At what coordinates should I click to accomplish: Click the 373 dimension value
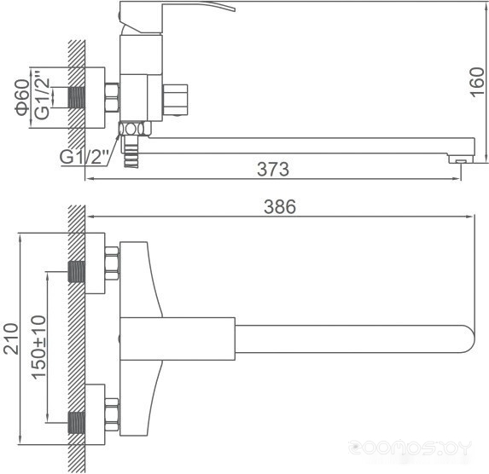coord(273,169)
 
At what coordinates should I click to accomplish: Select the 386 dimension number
coord(280,206)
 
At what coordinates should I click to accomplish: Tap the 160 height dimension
coord(477,82)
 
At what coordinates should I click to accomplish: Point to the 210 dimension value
coord(11,338)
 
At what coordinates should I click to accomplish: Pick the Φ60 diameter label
coord(22,97)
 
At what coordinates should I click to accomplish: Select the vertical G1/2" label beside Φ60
coord(42,95)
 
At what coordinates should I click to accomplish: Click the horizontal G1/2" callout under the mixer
coord(84,157)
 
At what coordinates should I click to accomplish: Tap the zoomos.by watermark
coord(410,448)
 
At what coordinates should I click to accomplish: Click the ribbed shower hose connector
coord(131,152)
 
